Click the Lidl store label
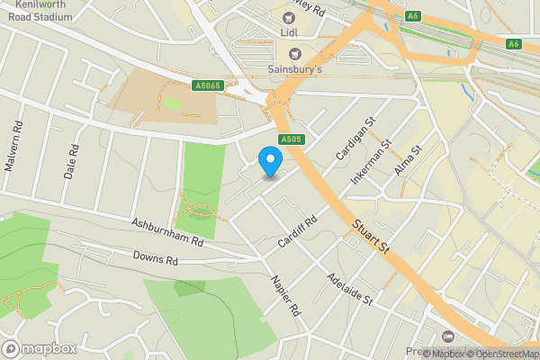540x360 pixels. pos(289,32)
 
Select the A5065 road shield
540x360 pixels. pos(208,86)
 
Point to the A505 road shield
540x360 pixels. pos(290,139)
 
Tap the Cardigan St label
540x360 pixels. pos(355,140)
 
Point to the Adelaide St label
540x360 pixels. pos(350,289)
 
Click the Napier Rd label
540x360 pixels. pos(283,296)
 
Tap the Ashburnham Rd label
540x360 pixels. pos(167,232)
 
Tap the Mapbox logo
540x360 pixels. pos(40,348)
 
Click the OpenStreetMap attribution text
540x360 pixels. pos(500,354)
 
